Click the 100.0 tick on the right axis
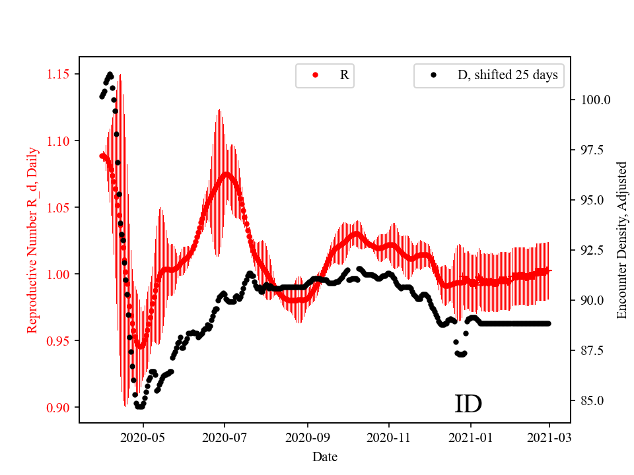pyautogui.click(x=594, y=100)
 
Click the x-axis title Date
pyautogui.click(x=325, y=456)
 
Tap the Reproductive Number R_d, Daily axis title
pyautogui.click(x=32, y=240)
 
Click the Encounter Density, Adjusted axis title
pyautogui.click(x=621, y=240)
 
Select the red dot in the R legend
pyautogui.click(x=315, y=75)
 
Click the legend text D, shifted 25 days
pyautogui.click(x=507, y=75)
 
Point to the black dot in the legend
pyautogui.click(x=433, y=75)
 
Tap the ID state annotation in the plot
pyautogui.click(x=468, y=404)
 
